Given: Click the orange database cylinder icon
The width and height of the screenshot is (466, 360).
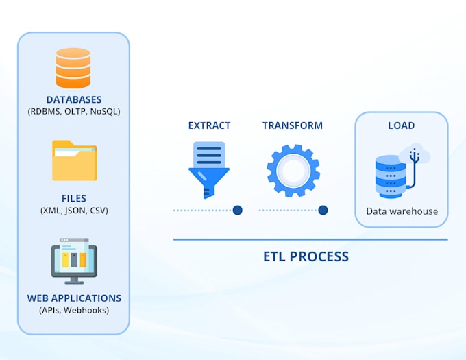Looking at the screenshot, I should click(73, 68).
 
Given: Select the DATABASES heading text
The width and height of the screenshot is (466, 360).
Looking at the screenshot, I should click(74, 100).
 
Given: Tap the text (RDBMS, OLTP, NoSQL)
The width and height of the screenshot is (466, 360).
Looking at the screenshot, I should click(74, 112).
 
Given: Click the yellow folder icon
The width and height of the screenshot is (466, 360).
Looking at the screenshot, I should click(74, 160).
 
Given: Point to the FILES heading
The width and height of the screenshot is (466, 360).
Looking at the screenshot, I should click(74, 199).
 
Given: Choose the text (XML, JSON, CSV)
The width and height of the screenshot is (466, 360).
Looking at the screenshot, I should click(74, 211).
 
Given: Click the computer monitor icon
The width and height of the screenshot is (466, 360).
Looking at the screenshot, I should click(74, 260).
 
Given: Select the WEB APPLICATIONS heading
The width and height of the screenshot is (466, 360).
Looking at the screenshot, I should click(74, 298).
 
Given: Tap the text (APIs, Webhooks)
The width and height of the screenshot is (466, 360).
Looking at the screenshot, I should click(74, 310).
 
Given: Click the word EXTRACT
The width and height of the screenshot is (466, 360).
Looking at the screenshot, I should click(209, 126).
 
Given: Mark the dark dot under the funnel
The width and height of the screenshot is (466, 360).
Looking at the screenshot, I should click(237, 211).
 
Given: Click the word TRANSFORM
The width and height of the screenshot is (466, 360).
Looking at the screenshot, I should click(293, 126).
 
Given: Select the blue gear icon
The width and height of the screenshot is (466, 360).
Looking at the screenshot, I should click(293, 170).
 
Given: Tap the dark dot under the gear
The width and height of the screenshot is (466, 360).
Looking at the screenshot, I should click(323, 211).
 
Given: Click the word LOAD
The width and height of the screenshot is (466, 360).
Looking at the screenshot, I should click(401, 126).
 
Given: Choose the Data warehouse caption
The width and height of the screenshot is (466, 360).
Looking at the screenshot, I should click(402, 211).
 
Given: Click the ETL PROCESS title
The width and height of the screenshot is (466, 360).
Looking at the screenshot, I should click(306, 257).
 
